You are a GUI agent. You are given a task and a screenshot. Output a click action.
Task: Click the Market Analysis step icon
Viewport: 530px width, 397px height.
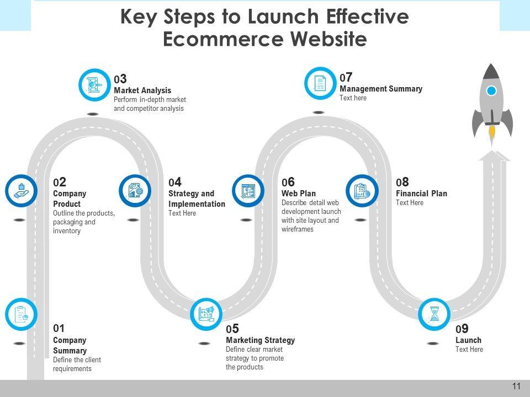94,85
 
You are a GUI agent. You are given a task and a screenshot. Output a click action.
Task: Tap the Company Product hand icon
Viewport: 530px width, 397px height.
21,191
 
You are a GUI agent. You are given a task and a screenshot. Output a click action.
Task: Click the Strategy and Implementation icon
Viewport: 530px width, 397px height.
135,191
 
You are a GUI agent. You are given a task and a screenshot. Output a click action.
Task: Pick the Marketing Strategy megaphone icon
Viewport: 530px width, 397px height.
206,314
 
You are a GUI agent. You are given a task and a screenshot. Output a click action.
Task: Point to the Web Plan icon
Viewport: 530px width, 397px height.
248,191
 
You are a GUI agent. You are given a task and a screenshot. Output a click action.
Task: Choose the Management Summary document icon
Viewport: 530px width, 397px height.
320,83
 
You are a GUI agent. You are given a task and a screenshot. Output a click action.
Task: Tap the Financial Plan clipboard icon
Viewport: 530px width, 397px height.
362,191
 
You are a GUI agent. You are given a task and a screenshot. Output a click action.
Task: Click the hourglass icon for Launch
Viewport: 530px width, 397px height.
434,314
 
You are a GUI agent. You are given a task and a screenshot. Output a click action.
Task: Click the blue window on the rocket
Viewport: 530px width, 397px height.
491,90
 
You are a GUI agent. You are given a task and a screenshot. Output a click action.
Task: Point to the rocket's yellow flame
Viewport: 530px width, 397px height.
491,132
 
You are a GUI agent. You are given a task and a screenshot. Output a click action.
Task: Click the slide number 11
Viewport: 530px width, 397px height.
516,387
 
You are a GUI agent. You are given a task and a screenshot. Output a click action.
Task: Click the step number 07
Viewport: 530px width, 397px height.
346,78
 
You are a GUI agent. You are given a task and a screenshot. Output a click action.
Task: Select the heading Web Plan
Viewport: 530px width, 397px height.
299,194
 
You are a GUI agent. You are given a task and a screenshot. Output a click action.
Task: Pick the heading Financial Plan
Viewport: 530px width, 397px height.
421,194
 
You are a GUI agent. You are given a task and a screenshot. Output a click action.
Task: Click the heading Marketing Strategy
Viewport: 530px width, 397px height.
260,340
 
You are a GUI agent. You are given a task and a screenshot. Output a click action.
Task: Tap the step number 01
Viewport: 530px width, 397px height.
59,328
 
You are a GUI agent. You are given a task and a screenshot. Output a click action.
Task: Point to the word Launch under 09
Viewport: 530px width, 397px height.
468,340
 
